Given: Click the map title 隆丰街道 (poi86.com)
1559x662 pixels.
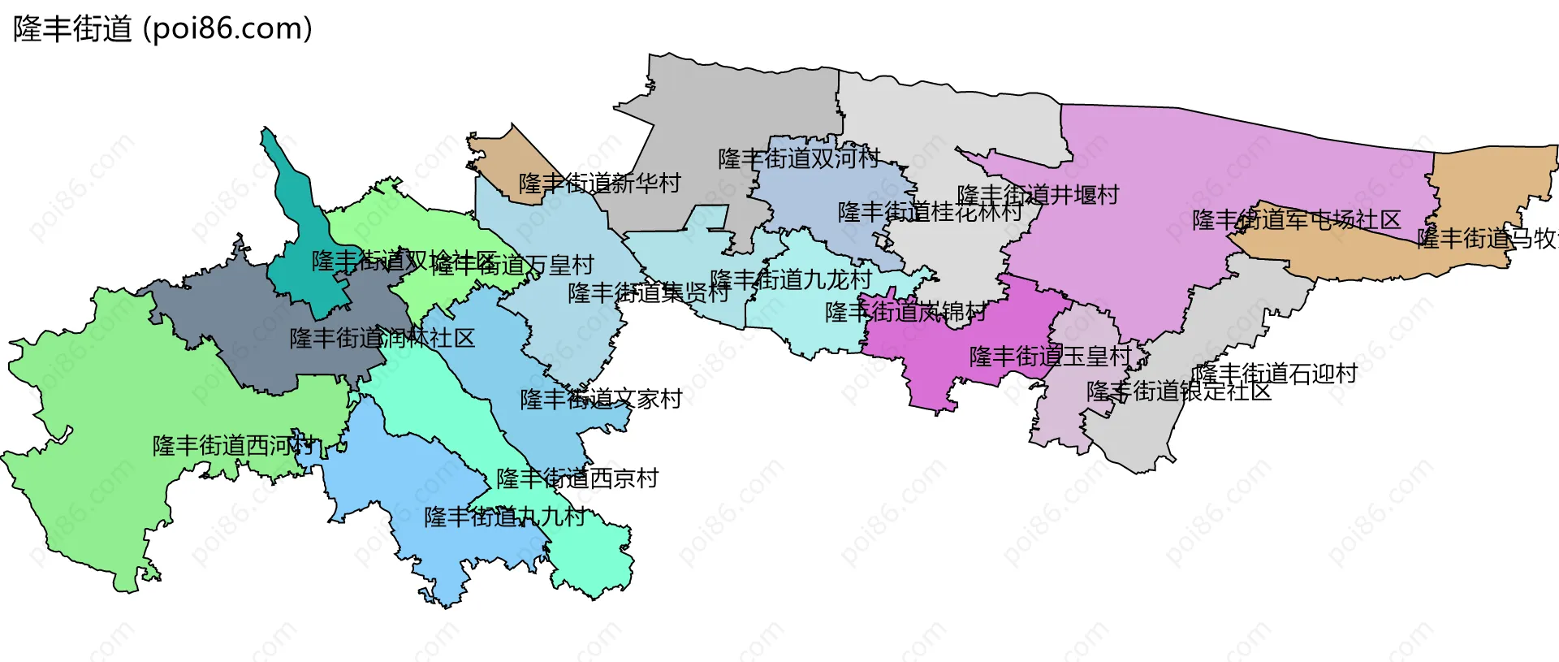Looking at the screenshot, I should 162,29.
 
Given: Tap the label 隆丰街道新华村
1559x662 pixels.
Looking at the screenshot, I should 599,184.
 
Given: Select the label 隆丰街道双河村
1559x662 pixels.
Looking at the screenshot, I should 799,158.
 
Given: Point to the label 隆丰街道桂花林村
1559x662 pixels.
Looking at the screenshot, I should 930,212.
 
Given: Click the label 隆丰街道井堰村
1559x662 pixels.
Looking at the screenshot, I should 1038,195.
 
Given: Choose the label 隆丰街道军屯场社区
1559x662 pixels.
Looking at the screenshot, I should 1296,220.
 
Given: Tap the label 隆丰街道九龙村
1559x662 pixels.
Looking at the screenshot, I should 791,280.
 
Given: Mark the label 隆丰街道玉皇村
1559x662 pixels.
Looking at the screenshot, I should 1050,356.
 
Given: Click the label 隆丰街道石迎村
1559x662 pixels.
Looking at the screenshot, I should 1275,374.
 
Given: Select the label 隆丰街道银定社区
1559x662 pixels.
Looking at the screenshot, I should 1178,392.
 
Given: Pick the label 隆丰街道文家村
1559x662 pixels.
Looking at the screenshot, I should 601,399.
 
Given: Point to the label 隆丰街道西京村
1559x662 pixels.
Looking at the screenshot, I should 577,478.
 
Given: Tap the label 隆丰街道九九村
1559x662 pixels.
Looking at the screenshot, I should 504,517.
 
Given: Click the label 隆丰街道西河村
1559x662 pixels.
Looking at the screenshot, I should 233,446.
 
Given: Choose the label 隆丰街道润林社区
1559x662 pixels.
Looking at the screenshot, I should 382,338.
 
